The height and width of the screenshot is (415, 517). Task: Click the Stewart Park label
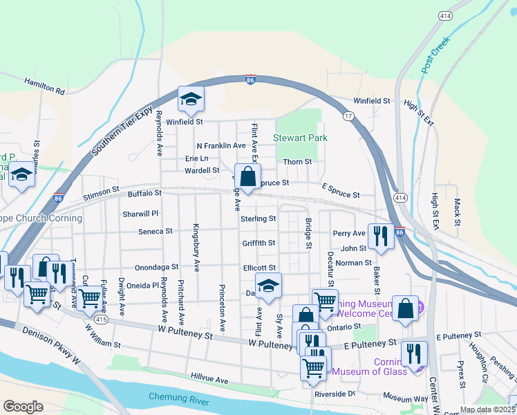pyautogui.click(x=301, y=138)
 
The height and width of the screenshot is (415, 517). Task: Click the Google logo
pyautogui.click(x=23, y=407)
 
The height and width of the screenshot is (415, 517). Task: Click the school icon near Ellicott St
pyautogui.click(x=268, y=285)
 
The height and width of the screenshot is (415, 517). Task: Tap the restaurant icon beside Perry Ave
pyautogui.click(x=379, y=236)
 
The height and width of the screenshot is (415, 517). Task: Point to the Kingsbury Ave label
pyautogui.click(x=196, y=246)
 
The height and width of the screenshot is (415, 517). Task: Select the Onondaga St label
pyautogui.click(x=156, y=266)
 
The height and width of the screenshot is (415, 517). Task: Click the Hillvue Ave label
pyautogui.click(x=209, y=380)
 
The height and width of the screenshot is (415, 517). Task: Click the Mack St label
pyautogui.click(x=457, y=212)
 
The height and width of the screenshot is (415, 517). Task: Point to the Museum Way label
pyautogui.click(x=406, y=398)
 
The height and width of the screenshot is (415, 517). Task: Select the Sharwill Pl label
pyautogui.click(x=141, y=214)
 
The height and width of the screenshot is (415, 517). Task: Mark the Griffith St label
pyautogui.click(x=259, y=243)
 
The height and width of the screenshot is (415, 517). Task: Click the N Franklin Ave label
pyautogui.click(x=221, y=146)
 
